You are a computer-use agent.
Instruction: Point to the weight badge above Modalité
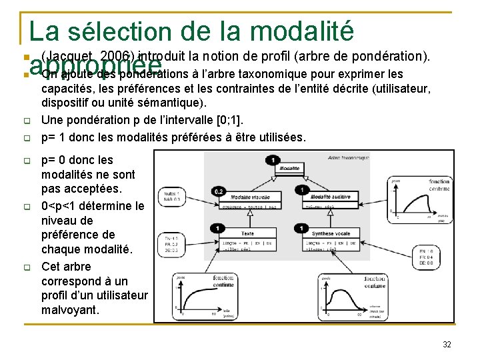coord(273,159)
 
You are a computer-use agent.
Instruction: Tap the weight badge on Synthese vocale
coord(303,229)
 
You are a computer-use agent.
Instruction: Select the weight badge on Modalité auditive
coord(303,191)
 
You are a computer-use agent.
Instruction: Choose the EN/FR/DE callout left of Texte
coord(171,243)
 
